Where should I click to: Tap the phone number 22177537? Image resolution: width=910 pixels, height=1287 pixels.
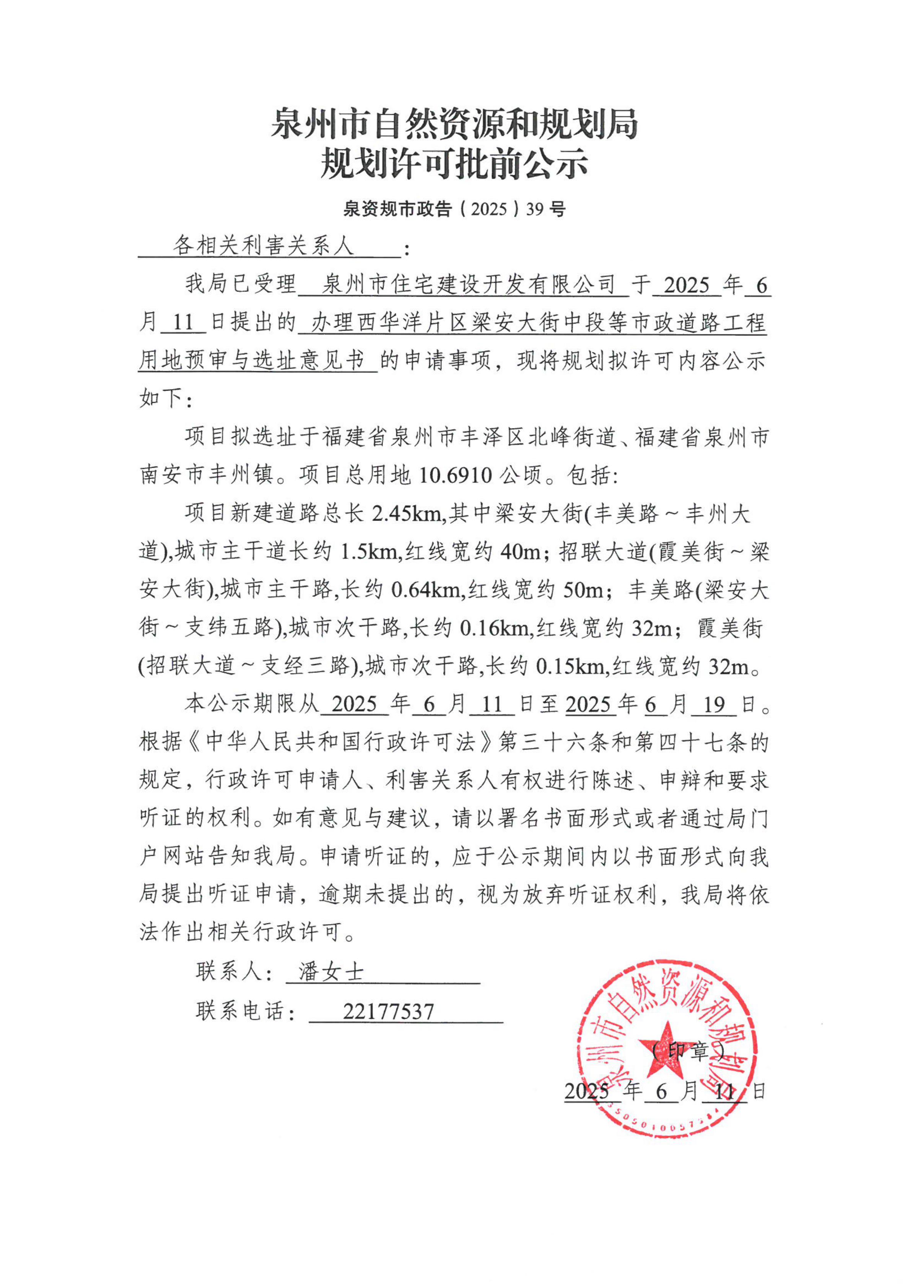(388, 1012)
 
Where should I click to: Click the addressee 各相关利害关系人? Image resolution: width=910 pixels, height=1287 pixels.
(263, 246)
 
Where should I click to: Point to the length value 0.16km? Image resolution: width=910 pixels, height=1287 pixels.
(494, 629)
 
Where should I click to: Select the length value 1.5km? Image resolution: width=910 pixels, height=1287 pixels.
(369, 552)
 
